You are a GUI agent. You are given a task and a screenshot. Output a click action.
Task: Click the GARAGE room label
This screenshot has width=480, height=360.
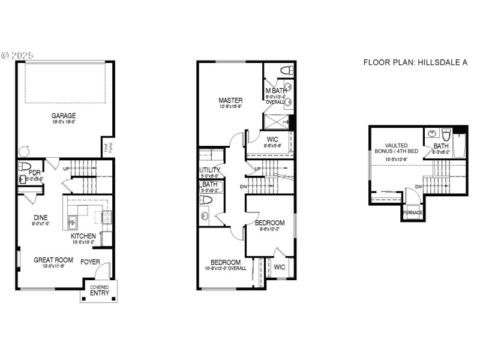62,115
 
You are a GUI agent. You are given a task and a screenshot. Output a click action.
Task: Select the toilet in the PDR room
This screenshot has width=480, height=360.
25,166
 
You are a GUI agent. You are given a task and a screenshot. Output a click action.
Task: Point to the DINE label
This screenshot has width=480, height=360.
41,217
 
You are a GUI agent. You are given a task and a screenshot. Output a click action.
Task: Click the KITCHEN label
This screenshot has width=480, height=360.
83,236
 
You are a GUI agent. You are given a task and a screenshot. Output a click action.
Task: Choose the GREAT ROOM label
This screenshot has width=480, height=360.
53,260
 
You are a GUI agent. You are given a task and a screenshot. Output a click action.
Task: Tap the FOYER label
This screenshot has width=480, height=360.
90,261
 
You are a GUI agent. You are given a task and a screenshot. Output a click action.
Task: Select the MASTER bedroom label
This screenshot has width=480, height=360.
230,100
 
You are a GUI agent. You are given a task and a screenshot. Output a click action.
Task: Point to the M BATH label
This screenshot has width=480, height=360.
276,91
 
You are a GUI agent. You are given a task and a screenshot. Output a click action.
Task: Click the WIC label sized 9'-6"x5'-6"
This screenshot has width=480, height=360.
272,139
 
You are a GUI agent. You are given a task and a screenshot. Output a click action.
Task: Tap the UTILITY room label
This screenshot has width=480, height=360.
210,170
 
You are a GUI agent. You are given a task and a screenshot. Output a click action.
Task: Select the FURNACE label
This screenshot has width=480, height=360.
412,212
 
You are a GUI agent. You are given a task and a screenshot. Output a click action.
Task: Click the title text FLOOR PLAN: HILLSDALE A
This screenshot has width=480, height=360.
415,62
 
